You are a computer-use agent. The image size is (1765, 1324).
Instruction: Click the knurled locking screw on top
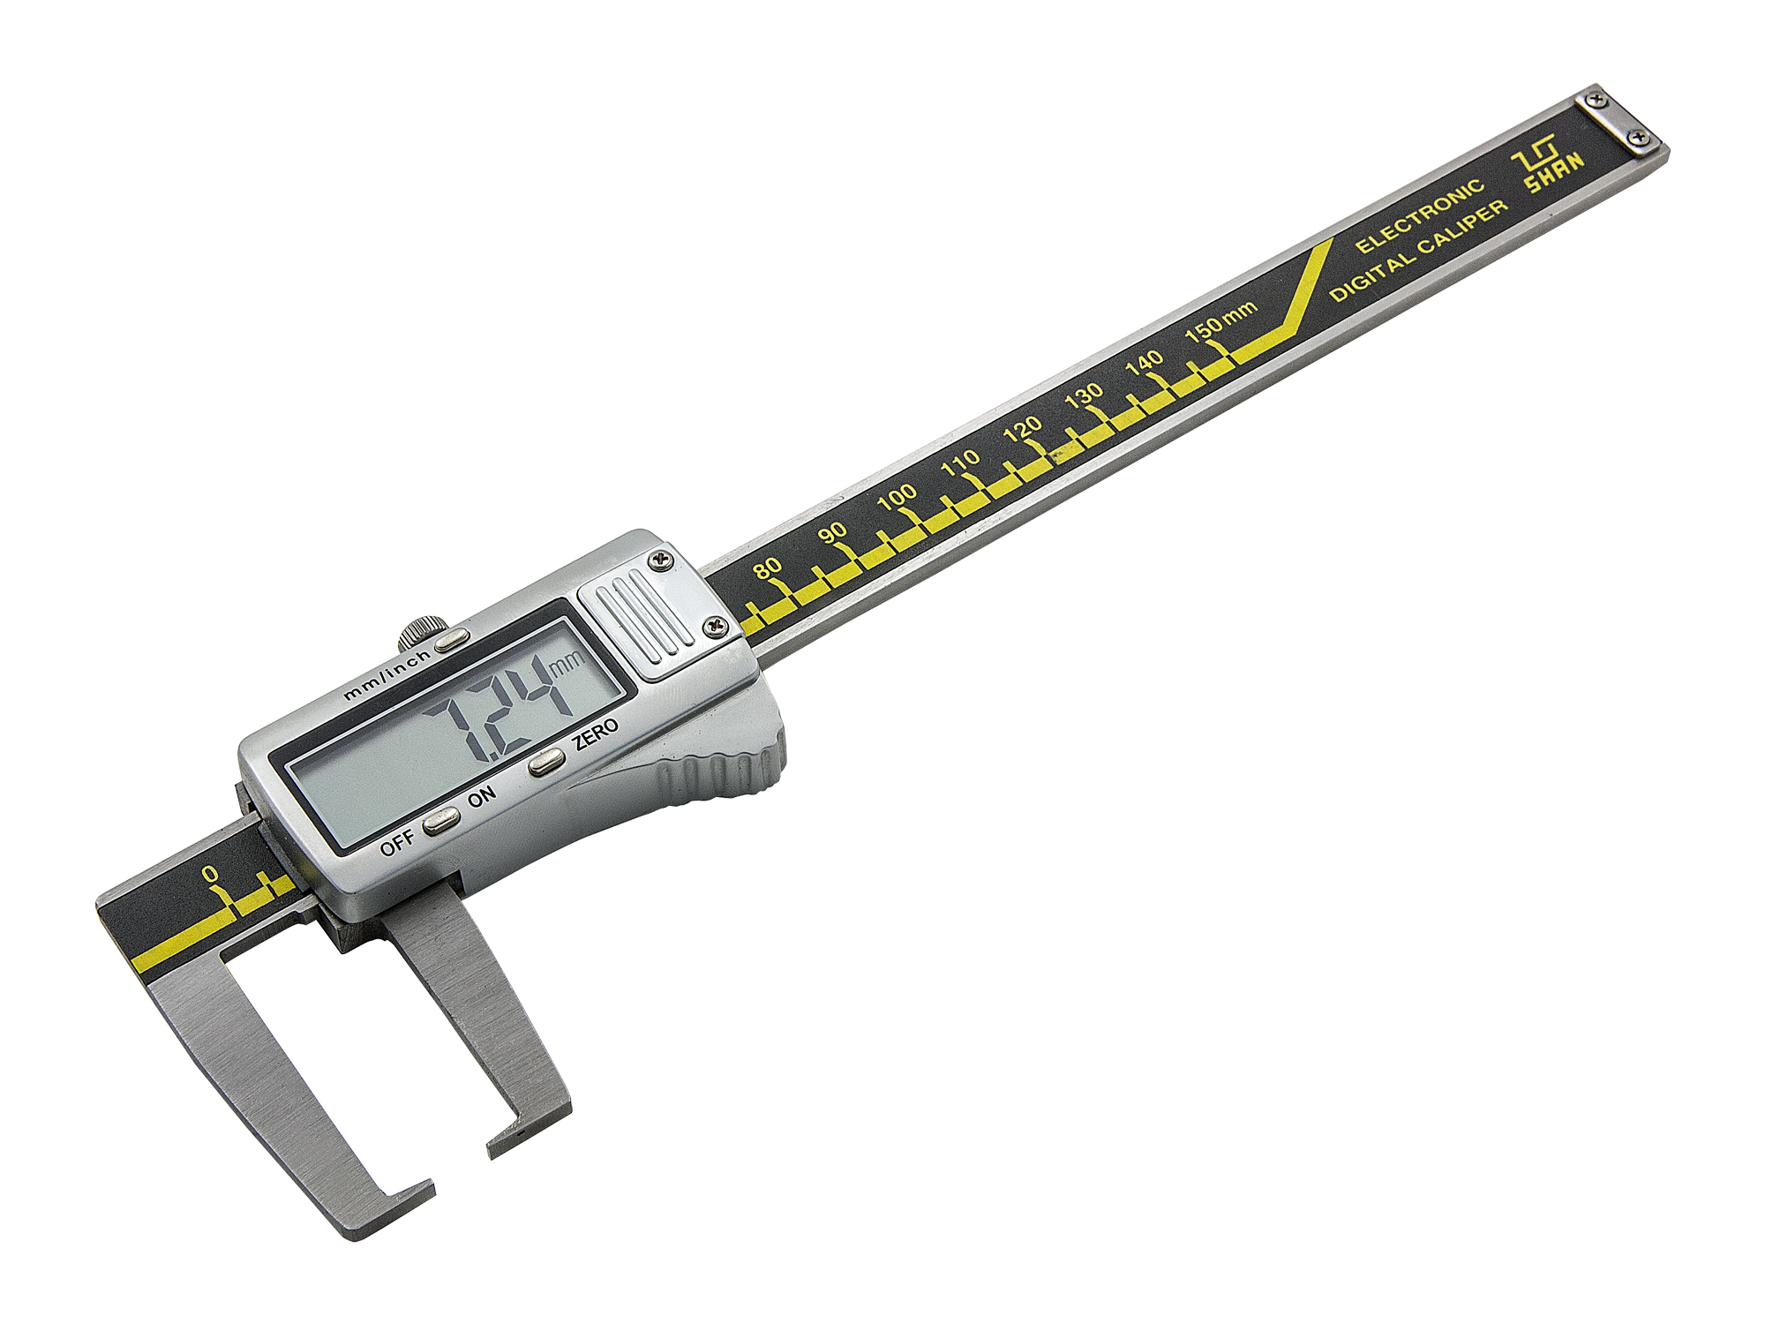(418, 633)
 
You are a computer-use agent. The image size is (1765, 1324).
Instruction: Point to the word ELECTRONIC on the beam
(1421, 216)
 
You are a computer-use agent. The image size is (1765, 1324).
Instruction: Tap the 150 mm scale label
(1220, 322)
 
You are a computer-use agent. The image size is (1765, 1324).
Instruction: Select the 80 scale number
(768, 568)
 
